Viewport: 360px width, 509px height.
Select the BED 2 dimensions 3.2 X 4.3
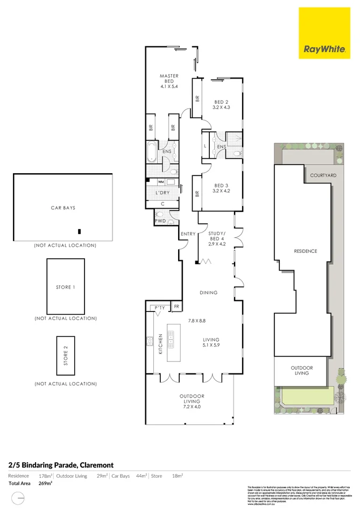[222, 108]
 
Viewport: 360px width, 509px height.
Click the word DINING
[209, 293]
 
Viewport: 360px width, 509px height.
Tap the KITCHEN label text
[160, 343]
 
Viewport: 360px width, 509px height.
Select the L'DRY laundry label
[163, 193]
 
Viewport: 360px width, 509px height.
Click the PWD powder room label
[160, 221]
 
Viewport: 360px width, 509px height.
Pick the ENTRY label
[188, 234]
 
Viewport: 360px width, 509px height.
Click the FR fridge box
[177, 307]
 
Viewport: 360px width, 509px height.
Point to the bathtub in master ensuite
[152, 153]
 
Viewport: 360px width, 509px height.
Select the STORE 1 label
[65, 287]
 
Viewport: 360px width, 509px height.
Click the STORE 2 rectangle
[66, 356]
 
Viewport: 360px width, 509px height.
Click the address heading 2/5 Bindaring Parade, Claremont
[61, 464]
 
